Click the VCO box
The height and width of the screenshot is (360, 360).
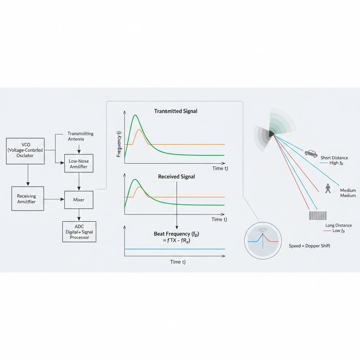pos(26,151)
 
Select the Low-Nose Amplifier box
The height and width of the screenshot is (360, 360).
pos(79,163)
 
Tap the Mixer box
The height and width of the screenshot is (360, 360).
pos(79,200)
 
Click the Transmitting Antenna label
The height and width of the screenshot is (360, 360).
pos(81,136)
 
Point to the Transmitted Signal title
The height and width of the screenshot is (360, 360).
pos(175,111)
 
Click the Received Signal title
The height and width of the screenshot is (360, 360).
pos(176,176)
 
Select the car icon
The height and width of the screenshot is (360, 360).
pos(311,153)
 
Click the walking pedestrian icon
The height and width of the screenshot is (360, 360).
pos(328,188)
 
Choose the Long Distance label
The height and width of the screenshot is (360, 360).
pos(339,225)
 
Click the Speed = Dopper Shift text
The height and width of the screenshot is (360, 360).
pos(309,246)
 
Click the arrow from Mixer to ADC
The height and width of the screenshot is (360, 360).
pos(79,214)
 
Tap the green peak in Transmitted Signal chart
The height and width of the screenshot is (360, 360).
pos(135,115)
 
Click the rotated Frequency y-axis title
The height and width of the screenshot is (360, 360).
pos(119,144)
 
